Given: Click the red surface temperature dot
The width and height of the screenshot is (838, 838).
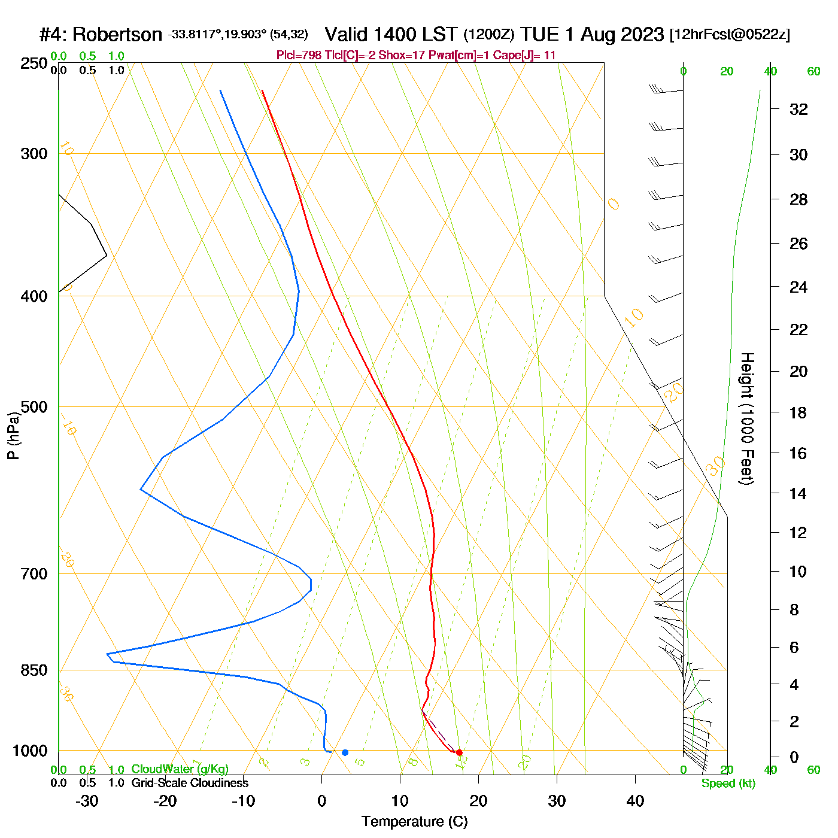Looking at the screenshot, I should coord(459,752).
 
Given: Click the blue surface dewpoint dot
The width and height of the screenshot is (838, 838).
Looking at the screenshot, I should coord(345,752).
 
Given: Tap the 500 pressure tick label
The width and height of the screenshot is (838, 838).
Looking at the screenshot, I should coord(34,407).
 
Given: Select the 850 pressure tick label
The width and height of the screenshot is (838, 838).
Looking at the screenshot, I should coord(34,670).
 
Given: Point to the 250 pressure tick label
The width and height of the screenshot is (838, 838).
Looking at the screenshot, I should coord(34,63).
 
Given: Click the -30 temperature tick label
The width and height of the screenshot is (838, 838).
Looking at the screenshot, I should coord(87,801).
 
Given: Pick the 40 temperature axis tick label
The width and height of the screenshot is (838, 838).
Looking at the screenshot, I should coord(635,801).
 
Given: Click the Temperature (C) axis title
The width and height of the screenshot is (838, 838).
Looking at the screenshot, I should coord(414,822).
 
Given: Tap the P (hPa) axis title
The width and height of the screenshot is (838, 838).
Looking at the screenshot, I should coord(13,436).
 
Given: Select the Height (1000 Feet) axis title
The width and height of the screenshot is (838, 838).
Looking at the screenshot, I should coord(747,418).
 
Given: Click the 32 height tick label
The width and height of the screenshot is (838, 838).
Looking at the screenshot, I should coord(798,109).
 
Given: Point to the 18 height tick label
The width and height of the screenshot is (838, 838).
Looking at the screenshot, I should coord(798,412).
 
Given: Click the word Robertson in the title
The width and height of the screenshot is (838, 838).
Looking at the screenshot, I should coord(117,35).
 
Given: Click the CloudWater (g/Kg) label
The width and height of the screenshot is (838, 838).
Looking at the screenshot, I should coord(180,769).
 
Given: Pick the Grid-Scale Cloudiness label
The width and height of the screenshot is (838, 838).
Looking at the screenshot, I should coord(190,783).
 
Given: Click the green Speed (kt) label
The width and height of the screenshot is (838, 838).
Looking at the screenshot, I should coord(728,784).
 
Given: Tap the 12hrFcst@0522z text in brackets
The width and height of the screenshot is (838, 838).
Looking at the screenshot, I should coord(730,35).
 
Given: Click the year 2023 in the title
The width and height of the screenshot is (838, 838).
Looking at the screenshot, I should coord(642,34).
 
